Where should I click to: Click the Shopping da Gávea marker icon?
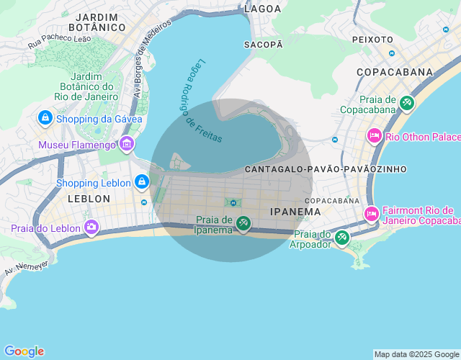(x=45, y=117)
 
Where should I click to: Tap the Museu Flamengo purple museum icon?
(x=127, y=144)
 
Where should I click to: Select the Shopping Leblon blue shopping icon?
(x=141, y=181)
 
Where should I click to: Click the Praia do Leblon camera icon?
(x=91, y=228)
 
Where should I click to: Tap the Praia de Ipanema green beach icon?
(x=243, y=224)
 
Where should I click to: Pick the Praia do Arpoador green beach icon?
(x=342, y=237)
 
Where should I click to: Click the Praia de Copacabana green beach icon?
(x=407, y=104)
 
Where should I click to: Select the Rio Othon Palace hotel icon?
(x=374, y=136)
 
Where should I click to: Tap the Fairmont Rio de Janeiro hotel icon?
(x=372, y=214)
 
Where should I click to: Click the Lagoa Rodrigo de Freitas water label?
(x=200, y=100)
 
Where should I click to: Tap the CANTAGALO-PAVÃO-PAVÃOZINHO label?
(x=326, y=168)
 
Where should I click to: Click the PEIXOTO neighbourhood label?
(x=372, y=40)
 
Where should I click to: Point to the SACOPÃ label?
(x=264, y=44)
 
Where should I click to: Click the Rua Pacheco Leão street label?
(x=60, y=40)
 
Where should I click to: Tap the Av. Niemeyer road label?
(x=25, y=267)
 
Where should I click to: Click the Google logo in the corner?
(x=23, y=351)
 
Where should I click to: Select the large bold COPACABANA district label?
(x=395, y=72)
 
